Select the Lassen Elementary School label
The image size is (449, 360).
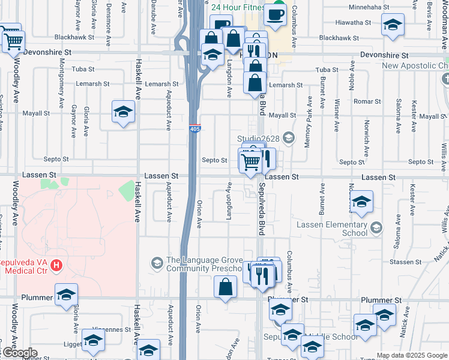332,229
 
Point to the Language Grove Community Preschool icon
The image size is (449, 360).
157,263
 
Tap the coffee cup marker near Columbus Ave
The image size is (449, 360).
275,14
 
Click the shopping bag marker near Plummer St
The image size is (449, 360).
225,286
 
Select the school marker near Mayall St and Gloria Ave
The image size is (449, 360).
123,112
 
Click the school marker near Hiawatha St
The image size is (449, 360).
393,25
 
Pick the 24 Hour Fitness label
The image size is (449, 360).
238,8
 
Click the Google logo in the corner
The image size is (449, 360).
20,353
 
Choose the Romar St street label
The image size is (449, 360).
363,103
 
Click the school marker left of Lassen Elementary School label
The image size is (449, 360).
361,202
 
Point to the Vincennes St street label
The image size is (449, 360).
115,329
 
